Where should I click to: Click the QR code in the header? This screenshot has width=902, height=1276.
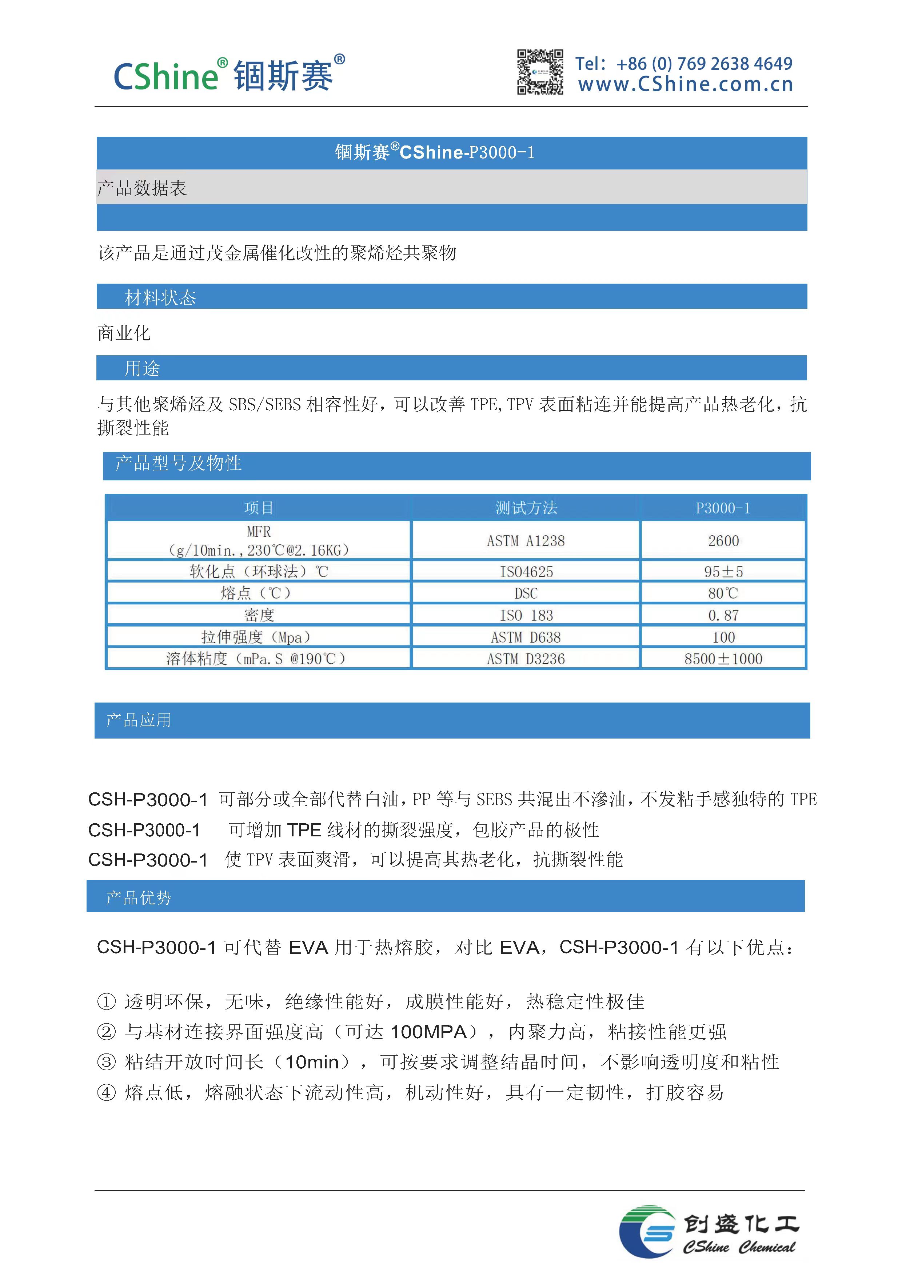[540, 72]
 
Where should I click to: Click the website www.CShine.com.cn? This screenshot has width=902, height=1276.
[685, 84]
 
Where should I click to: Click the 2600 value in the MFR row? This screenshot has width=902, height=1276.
[723, 541]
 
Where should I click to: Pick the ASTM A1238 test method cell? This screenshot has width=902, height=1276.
[526, 541]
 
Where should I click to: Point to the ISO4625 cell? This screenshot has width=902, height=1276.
[526, 571]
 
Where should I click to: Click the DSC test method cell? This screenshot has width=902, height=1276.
[526, 593]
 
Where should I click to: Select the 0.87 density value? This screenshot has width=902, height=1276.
[723, 615]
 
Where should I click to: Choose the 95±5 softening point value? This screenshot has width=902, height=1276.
[723, 571]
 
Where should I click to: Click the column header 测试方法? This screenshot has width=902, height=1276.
[526, 507]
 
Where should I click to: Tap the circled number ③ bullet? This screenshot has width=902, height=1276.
[106, 1062]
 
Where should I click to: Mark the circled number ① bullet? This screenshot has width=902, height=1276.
[106, 1001]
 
